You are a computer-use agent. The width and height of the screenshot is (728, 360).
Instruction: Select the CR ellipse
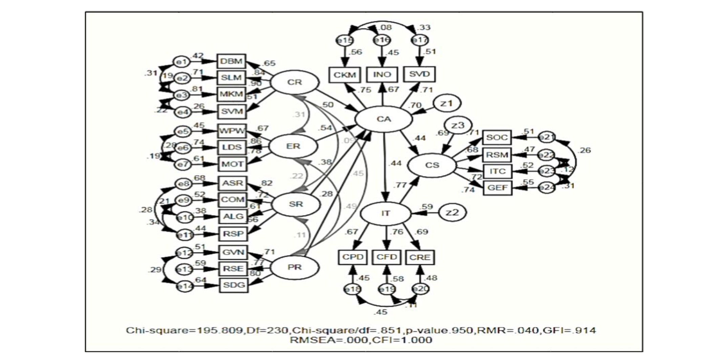(x=295, y=82)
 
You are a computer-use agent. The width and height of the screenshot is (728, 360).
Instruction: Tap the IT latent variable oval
(x=386, y=213)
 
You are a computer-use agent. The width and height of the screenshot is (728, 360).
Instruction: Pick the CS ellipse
(x=432, y=165)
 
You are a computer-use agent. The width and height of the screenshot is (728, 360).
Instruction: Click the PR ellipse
(x=295, y=268)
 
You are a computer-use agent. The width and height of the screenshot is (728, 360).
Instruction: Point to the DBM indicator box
(x=232, y=62)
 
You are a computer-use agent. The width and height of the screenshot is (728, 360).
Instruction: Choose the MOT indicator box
(x=232, y=164)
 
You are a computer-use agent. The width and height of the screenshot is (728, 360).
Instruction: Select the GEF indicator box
(x=497, y=188)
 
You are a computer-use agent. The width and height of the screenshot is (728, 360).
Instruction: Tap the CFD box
(x=387, y=257)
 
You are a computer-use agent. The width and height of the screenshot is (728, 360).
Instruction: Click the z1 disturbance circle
(x=446, y=104)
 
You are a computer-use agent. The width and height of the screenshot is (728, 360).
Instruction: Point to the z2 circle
(x=452, y=213)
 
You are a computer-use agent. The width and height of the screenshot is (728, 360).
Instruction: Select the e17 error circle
(x=420, y=40)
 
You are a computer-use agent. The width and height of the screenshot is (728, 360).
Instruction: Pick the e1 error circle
(x=182, y=62)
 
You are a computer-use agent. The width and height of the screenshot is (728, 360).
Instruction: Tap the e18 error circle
(x=352, y=290)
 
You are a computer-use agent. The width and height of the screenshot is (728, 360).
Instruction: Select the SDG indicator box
(x=234, y=285)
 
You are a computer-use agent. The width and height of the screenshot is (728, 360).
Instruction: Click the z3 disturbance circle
(x=458, y=126)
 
